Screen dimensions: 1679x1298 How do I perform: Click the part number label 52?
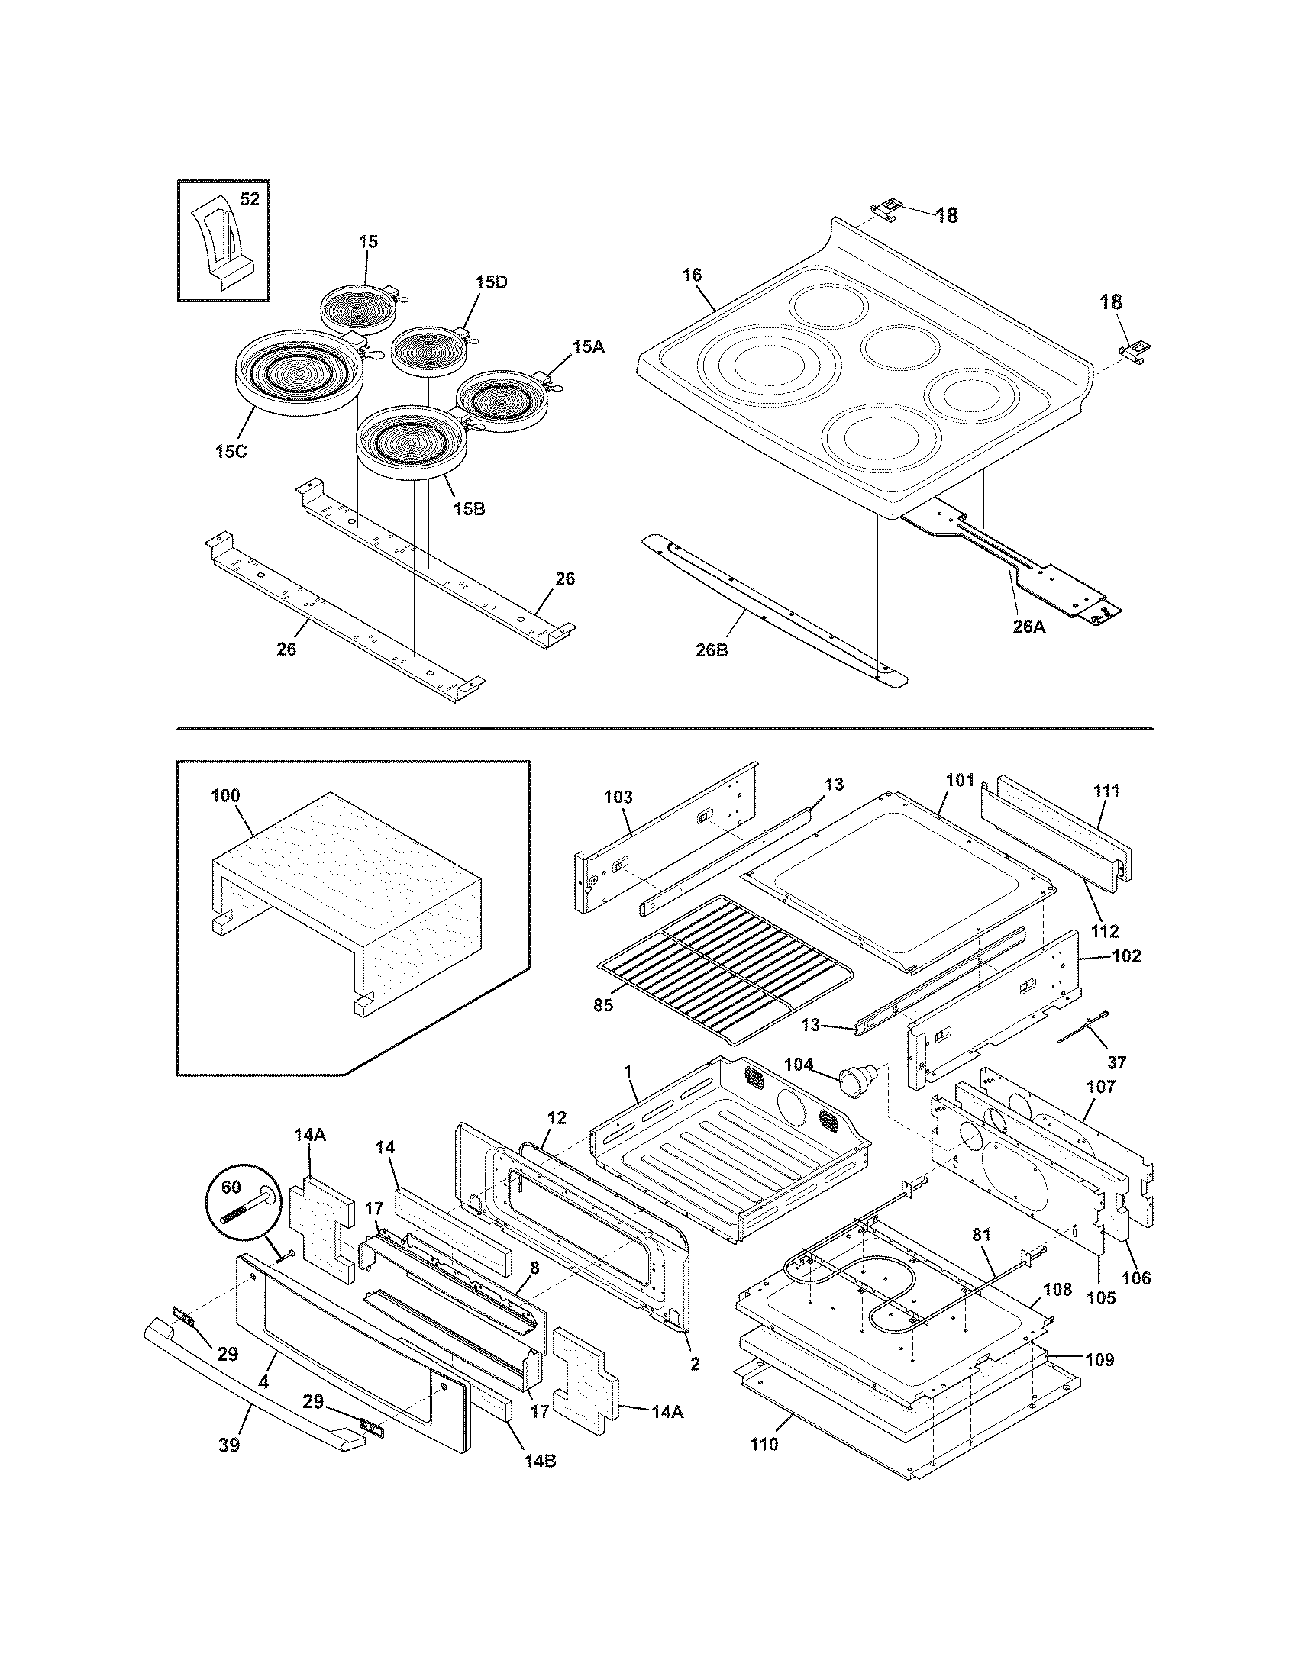tap(250, 200)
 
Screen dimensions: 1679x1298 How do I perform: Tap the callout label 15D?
tap(491, 282)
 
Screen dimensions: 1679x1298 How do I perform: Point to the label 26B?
tap(712, 650)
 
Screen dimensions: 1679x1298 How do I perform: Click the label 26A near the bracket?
tap(1029, 627)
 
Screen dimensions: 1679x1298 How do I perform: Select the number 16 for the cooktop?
tap(691, 276)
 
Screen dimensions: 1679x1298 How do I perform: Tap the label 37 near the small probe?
tap(1116, 1062)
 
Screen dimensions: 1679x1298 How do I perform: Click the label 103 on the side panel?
tap(618, 798)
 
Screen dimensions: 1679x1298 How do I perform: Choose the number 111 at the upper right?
tap(1106, 791)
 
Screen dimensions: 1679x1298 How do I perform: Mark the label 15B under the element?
tap(468, 509)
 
